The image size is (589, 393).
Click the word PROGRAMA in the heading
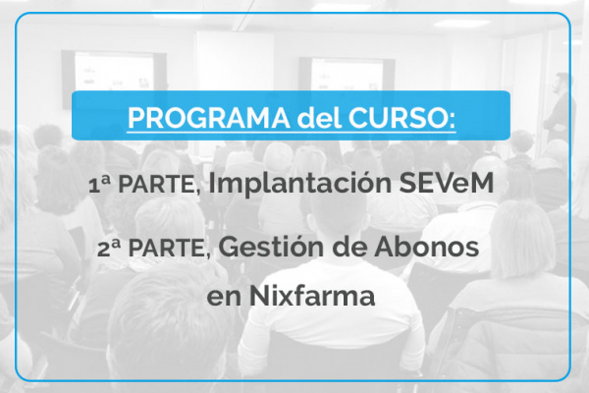click(209, 119)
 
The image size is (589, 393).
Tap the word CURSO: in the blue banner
click(402, 119)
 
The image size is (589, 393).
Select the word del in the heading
click(319, 118)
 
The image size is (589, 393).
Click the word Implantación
click(300, 184)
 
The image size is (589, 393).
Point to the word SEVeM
click(447, 183)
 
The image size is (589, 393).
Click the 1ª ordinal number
click(99, 185)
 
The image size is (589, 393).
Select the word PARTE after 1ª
click(159, 185)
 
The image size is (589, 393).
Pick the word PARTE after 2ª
click(170, 249)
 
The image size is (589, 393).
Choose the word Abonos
click(426, 247)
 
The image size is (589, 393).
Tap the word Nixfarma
click(312, 295)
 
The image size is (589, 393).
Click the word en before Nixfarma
click(224, 298)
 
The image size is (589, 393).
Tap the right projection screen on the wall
click(347, 76)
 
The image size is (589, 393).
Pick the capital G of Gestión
click(229, 247)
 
